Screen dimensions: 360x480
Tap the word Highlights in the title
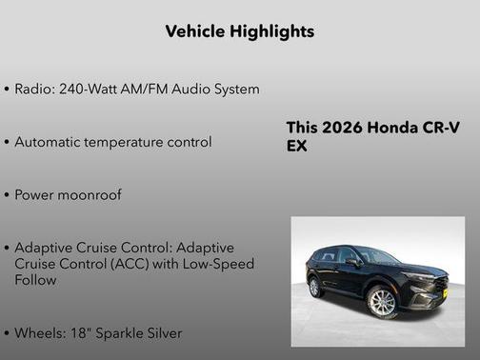272,31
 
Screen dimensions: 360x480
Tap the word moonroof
88,194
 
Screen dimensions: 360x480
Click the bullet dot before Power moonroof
8,195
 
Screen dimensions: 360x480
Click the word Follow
36,280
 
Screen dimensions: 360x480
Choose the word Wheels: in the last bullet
41,333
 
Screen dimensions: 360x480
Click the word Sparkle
122,333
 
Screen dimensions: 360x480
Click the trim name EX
297,147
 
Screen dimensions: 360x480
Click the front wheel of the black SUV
381,303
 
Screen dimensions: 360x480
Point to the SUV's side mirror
353,261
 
